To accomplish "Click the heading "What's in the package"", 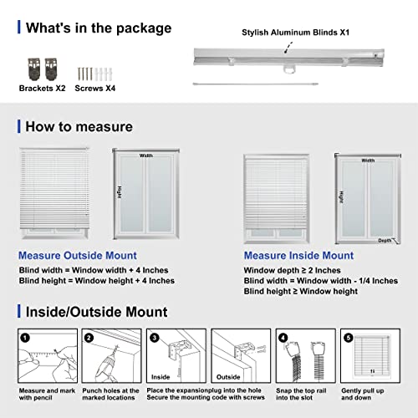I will tap(98, 28).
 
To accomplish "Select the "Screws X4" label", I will tap(97, 87).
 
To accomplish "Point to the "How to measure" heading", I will tap(79, 126).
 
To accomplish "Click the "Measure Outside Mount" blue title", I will tap(78, 255).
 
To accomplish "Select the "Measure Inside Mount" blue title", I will tap(298, 255).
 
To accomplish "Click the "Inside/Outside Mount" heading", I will tap(96, 313).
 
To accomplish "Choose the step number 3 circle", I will tap(153, 339).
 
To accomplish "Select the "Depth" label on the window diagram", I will tap(384, 239).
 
